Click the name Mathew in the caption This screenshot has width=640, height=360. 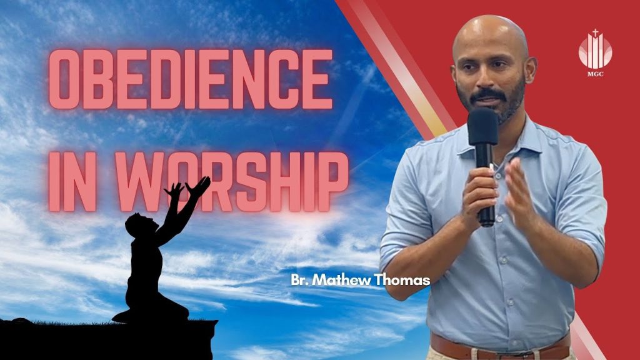pos(345,279)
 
